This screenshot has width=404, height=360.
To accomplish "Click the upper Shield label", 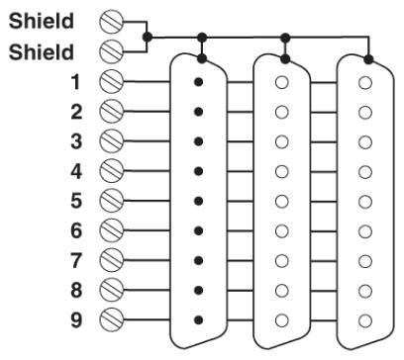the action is (x=42, y=21).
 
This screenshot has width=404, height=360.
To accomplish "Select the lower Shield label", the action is (x=42, y=52).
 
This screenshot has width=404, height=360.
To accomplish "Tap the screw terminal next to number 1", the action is (x=112, y=81).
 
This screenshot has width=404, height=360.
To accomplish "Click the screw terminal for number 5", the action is (x=112, y=201).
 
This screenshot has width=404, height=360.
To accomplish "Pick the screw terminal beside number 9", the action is (x=112, y=319).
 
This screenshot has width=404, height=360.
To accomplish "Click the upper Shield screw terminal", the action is (x=112, y=22).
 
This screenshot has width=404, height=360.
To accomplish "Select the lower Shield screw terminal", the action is (x=112, y=51).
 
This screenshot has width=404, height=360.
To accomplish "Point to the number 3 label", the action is (x=76, y=141).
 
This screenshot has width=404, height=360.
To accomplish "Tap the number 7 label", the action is (x=76, y=260).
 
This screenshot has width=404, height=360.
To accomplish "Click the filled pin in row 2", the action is (x=198, y=112).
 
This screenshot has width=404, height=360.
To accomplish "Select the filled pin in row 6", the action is (x=198, y=231).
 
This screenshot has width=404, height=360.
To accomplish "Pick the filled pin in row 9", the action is (x=198, y=319).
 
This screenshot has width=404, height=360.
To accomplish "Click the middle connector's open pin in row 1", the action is (x=282, y=83).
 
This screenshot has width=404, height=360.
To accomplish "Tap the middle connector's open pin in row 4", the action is (x=282, y=172).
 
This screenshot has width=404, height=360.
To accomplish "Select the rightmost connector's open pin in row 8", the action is (x=365, y=291).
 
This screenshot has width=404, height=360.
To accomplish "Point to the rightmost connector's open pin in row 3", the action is (x=365, y=142).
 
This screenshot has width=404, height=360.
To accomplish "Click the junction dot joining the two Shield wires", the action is (x=148, y=37).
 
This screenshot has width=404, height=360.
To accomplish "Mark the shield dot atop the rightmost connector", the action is (x=369, y=59).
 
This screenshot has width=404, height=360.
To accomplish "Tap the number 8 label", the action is (x=76, y=290).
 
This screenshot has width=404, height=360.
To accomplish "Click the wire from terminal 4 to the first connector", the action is (x=147, y=171).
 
